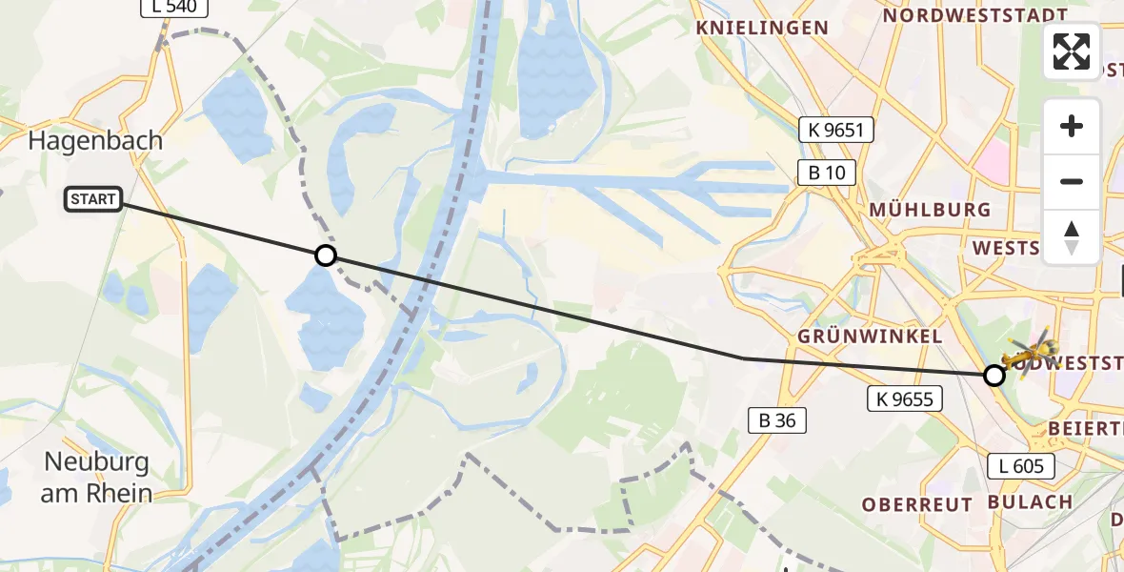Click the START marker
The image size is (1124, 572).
pyautogui.click(x=93, y=199)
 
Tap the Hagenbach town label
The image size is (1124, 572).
pyautogui.click(x=95, y=141)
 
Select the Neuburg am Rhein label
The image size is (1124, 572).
pyautogui.click(x=97, y=478)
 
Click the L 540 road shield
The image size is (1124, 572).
pyautogui.click(x=173, y=8)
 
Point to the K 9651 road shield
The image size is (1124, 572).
pyautogui.click(x=835, y=130)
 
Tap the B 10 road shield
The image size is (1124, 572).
pyautogui.click(x=826, y=173)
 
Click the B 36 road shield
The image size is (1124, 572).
pyautogui.click(x=777, y=419)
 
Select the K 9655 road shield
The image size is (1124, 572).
pyautogui.click(x=904, y=399)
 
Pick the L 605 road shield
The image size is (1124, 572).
pyautogui.click(x=1021, y=466)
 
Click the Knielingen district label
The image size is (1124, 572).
pyautogui.click(x=762, y=28)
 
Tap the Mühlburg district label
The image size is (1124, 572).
pyautogui.click(x=930, y=210)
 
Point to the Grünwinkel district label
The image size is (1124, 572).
pyautogui.click(x=871, y=337)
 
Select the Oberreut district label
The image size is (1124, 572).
pyautogui.click(x=917, y=504)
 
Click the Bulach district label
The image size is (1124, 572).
pyautogui.click(x=1030, y=501)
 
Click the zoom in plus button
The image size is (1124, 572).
pyautogui.click(x=1072, y=126)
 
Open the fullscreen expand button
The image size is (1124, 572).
pyautogui.click(x=1072, y=51)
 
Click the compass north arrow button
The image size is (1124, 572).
pyautogui.click(x=1072, y=236)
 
